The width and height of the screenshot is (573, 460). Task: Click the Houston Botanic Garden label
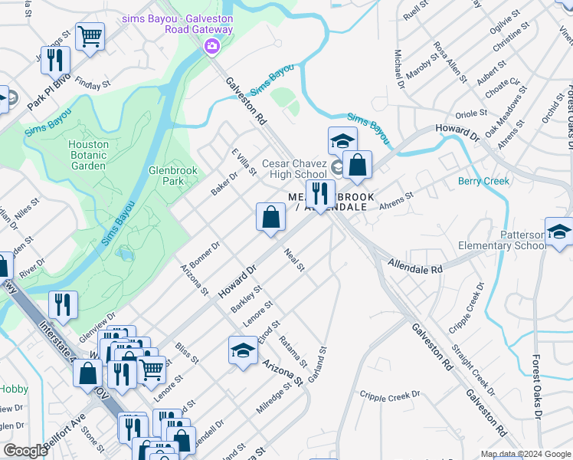coord(87,155)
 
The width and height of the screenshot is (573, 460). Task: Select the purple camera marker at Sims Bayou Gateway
coord(211,47)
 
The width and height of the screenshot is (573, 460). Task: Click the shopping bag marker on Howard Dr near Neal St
coord(270,218)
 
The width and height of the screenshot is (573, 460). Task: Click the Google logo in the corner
coord(25,451)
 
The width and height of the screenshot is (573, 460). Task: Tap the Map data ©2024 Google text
coord(526,453)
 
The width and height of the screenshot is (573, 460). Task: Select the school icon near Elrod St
coord(243,352)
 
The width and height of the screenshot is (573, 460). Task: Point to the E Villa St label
coord(243,161)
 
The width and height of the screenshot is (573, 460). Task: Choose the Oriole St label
coord(471,113)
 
